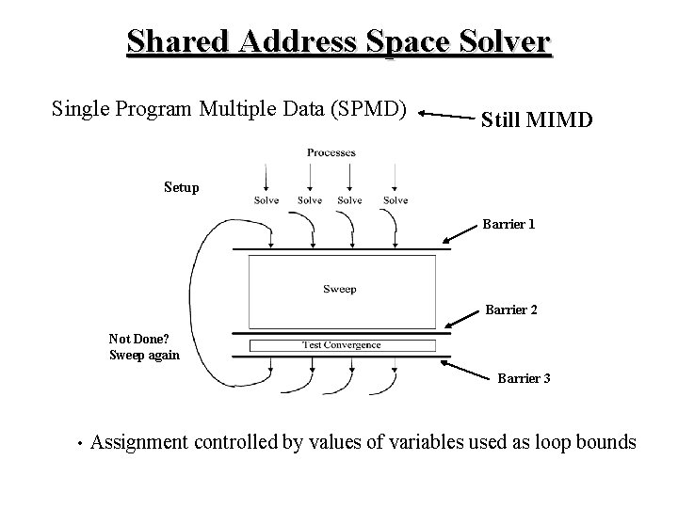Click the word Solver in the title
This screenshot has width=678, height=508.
pos(501,42)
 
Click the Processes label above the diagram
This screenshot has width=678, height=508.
pos(331,152)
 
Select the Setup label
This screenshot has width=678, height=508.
pos(181,187)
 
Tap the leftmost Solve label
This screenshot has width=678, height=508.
pos(266,199)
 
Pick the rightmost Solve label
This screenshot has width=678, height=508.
pos(395,199)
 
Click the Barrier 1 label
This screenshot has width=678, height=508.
pos(508,225)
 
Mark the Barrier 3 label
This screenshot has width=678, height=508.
pos(524,378)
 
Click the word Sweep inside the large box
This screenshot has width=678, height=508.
pos(339,289)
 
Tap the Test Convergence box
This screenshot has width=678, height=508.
pos(341,344)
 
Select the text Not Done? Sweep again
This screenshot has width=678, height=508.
pos(144,347)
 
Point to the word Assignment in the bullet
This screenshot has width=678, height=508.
pos(140,443)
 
